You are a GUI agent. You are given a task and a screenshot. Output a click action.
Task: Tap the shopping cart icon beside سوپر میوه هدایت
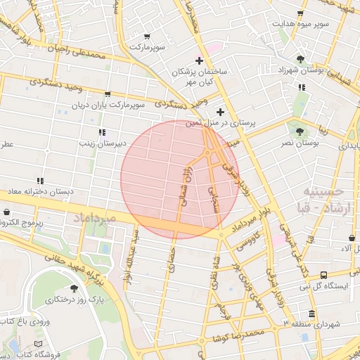[x=301, y=13]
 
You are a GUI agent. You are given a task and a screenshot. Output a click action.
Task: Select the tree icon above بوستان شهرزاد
[x=301, y=59]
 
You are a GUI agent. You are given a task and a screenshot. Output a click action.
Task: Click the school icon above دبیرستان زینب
[x=102, y=131]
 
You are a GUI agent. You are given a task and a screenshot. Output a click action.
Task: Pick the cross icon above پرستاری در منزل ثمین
[x=221, y=112]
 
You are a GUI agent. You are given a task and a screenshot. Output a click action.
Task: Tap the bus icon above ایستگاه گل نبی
[x=323, y=275]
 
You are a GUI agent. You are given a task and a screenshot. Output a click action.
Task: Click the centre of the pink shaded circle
[x=179, y=179]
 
